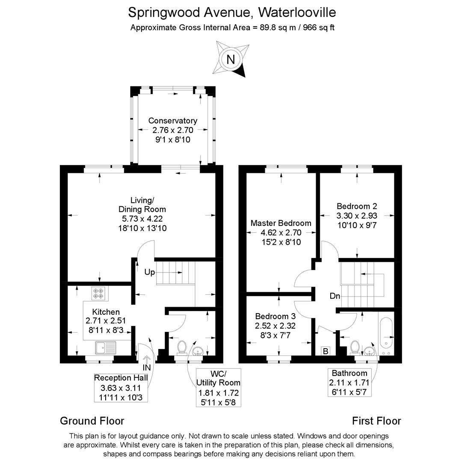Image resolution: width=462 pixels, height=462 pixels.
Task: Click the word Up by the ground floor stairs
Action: [149, 272]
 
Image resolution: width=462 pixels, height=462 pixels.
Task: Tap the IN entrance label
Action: [147, 367]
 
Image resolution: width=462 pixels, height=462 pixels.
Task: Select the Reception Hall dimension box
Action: [121, 388]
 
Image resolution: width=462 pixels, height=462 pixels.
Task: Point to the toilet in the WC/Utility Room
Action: [182, 347]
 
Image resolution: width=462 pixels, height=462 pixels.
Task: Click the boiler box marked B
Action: [326, 351]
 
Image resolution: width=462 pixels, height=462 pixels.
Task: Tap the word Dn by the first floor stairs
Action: [335, 296]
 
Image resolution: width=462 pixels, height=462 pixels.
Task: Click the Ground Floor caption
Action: [92, 421]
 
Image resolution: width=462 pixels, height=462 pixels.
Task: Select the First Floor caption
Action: [376, 421]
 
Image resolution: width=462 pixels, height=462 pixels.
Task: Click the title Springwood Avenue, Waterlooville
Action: [232, 12]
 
